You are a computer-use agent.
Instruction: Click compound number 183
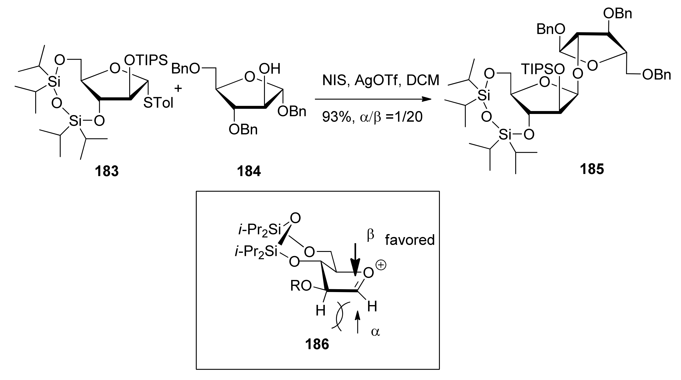click(x=107, y=171)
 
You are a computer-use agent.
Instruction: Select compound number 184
click(x=249, y=171)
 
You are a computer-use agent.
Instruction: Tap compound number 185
click(x=592, y=169)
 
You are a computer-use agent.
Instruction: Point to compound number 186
click(x=317, y=344)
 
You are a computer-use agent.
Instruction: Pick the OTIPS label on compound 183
click(x=146, y=60)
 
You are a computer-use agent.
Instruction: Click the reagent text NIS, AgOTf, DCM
click(x=381, y=80)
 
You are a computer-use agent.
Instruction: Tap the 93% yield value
click(x=336, y=117)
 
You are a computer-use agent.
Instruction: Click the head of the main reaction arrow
click(x=427, y=99)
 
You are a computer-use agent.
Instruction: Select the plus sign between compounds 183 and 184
click(x=178, y=88)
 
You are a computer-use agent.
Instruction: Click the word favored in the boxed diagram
click(x=410, y=240)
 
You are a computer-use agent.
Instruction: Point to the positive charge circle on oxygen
click(x=381, y=265)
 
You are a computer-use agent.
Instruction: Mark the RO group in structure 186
click(x=301, y=286)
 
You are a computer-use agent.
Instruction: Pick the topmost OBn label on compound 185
click(x=618, y=13)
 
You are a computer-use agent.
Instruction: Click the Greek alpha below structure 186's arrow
click(x=375, y=332)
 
